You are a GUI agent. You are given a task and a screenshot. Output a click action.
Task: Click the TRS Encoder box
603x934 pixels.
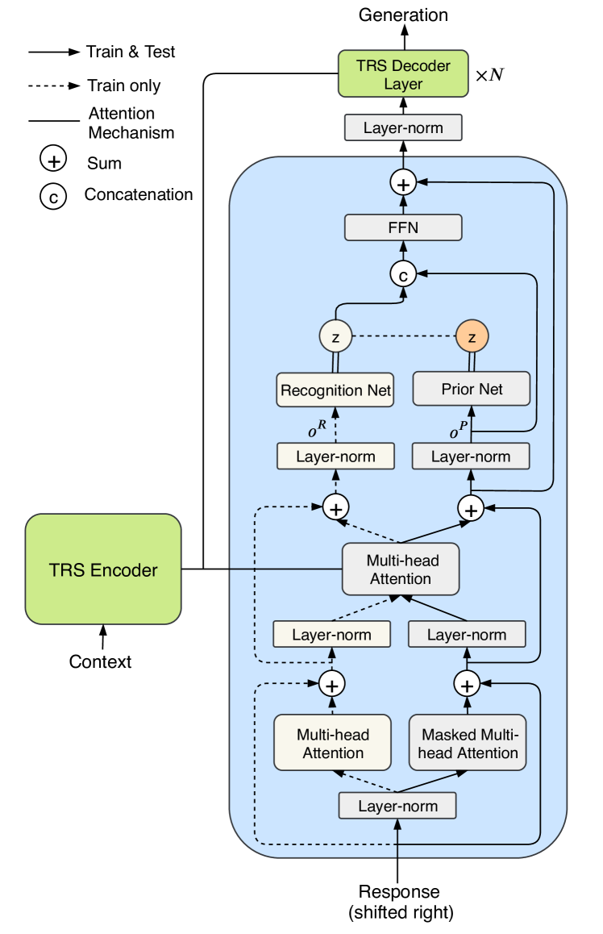click(x=102, y=570)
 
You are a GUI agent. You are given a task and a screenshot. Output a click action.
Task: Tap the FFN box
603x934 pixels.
click(x=403, y=227)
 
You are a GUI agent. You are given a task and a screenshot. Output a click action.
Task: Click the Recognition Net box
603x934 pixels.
click(x=335, y=390)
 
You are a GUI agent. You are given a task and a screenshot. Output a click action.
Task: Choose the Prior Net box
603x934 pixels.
click(x=472, y=389)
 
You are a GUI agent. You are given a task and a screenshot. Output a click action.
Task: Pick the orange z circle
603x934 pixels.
click(x=472, y=335)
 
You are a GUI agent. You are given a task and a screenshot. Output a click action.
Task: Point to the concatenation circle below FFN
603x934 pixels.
click(x=403, y=274)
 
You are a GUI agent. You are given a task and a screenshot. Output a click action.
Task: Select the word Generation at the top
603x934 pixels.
click(x=403, y=15)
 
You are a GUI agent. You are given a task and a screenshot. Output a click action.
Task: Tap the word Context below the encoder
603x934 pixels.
click(x=100, y=662)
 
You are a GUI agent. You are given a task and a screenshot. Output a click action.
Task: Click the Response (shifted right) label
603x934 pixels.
click(x=400, y=902)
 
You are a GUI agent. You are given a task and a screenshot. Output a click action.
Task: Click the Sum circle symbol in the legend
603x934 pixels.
click(x=53, y=161)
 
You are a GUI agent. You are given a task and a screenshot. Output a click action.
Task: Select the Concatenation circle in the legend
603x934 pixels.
click(x=53, y=195)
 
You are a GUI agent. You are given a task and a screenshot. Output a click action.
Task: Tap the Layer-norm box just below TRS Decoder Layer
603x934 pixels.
click(x=403, y=127)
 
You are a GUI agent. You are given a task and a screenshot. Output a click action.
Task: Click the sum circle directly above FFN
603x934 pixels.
click(x=403, y=183)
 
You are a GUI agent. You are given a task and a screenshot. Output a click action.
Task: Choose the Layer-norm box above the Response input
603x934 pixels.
click(x=397, y=806)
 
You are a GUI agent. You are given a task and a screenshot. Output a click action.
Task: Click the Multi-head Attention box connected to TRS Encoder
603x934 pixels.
click(x=400, y=569)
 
